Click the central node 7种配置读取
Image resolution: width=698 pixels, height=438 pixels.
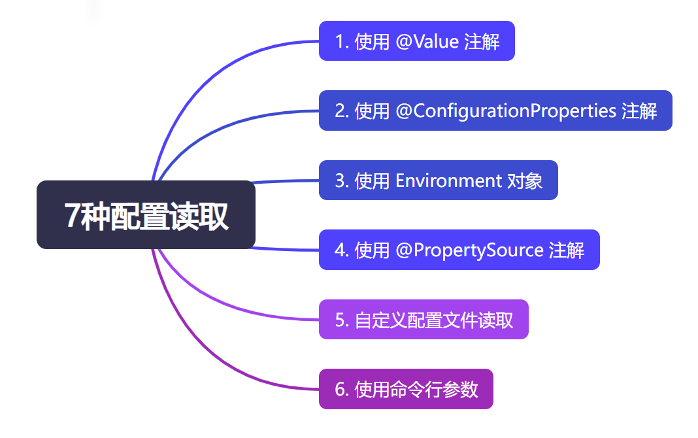click(x=146, y=214)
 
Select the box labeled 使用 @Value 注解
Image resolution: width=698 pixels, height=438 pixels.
click(x=416, y=41)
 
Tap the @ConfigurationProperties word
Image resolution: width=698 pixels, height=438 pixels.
click(x=506, y=110)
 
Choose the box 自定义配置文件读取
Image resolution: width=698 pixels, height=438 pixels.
click(x=423, y=320)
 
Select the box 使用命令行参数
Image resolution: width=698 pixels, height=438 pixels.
click(x=405, y=389)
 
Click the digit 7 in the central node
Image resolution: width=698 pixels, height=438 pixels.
click(x=72, y=216)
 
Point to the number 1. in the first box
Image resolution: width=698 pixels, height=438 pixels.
click(x=341, y=42)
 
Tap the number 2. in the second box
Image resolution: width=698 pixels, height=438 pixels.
click(x=341, y=111)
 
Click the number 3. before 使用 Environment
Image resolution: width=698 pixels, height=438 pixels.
click(x=341, y=181)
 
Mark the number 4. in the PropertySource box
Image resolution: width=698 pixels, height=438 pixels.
click(x=341, y=250)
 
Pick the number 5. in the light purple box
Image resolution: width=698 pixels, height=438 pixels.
click(x=341, y=320)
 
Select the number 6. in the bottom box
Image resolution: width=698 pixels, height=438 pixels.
click(x=341, y=390)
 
